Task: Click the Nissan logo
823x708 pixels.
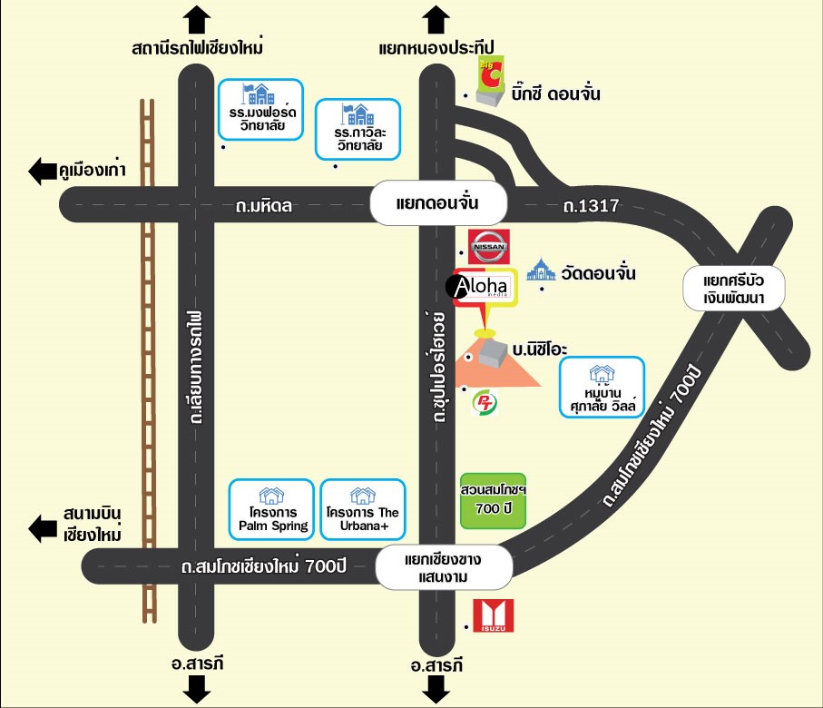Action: point(489,245)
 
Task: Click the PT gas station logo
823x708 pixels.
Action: point(486,402)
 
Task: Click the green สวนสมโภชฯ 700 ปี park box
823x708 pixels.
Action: point(493,499)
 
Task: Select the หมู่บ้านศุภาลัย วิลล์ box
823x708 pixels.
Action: point(602,388)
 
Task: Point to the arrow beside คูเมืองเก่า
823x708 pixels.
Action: point(42,171)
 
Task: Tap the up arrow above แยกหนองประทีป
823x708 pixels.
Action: point(437,18)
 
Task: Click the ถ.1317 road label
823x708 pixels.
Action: point(591,207)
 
